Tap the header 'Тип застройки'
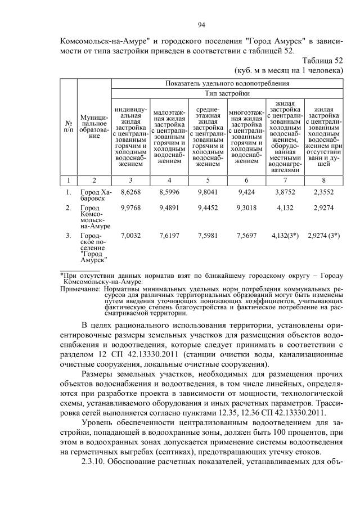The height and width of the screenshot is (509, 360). [x=227, y=93]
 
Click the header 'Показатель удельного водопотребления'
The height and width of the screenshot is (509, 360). [x=227, y=83]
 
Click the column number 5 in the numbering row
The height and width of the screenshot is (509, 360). [x=208, y=180]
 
